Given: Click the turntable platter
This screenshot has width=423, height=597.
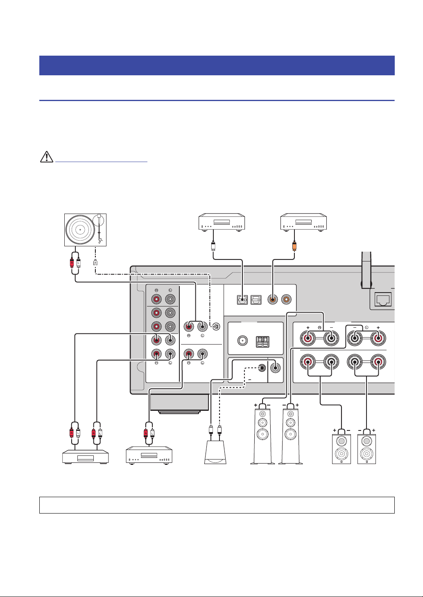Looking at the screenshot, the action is (80, 230).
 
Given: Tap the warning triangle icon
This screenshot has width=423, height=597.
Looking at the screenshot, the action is (47, 157).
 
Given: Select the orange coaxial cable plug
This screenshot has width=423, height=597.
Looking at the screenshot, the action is (294, 246).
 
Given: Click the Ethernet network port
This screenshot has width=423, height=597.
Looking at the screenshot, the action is (383, 300).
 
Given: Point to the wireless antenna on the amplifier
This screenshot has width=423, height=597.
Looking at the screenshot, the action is (366, 270).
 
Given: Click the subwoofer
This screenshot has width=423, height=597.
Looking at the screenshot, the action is (215, 452).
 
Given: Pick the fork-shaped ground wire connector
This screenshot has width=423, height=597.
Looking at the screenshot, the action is (95, 263).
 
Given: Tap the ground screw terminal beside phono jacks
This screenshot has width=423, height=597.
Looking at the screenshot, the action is (216, 326).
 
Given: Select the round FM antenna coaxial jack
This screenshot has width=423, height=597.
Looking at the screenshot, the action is (242, 340).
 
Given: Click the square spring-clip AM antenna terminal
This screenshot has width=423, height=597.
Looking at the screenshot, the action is (262, 342).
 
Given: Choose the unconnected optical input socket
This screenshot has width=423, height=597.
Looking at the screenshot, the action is (256, 300).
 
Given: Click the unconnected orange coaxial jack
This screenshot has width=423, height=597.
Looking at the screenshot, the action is (286, 300).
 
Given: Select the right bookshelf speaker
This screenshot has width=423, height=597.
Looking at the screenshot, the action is (367, 449).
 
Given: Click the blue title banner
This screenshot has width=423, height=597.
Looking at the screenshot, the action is (217, 65).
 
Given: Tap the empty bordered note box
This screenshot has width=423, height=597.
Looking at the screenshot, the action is (217, 505).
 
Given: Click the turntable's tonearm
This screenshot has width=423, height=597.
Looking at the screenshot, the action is (100, 229).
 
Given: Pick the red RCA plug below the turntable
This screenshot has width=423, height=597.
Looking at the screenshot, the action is (72, 263).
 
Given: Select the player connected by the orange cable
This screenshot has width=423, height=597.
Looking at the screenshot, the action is (303, 222).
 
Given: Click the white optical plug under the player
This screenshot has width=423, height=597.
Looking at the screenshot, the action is (213, 246).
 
